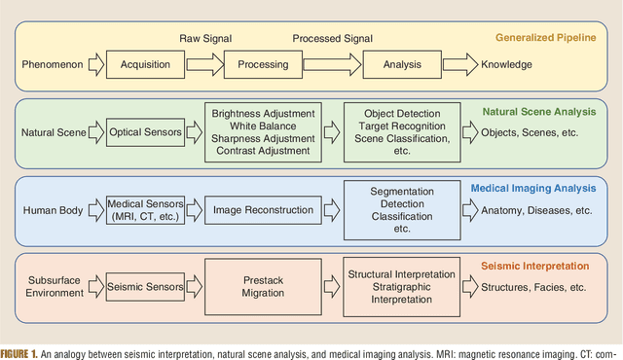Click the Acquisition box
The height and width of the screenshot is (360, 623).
click(x=145, y=65)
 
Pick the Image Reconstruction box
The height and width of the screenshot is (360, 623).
click(x=264, y=209)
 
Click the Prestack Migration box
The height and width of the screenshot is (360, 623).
click(x=264, y=286)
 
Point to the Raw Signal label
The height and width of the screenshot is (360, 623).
click(x=204, y=37)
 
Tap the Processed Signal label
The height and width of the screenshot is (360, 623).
click(x=333, y=38)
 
